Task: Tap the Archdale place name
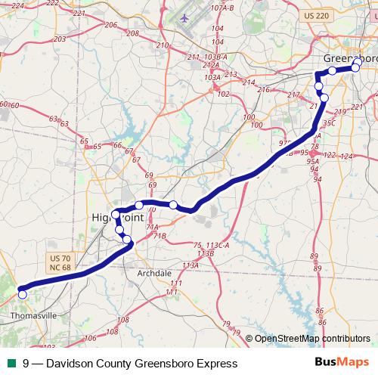[155, 273]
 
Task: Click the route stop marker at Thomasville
[23, 294]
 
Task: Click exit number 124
[347, 156]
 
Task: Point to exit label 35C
[328, 122]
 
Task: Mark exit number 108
[123, 320]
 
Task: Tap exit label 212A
[211, 66]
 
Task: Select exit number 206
[111, 25]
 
